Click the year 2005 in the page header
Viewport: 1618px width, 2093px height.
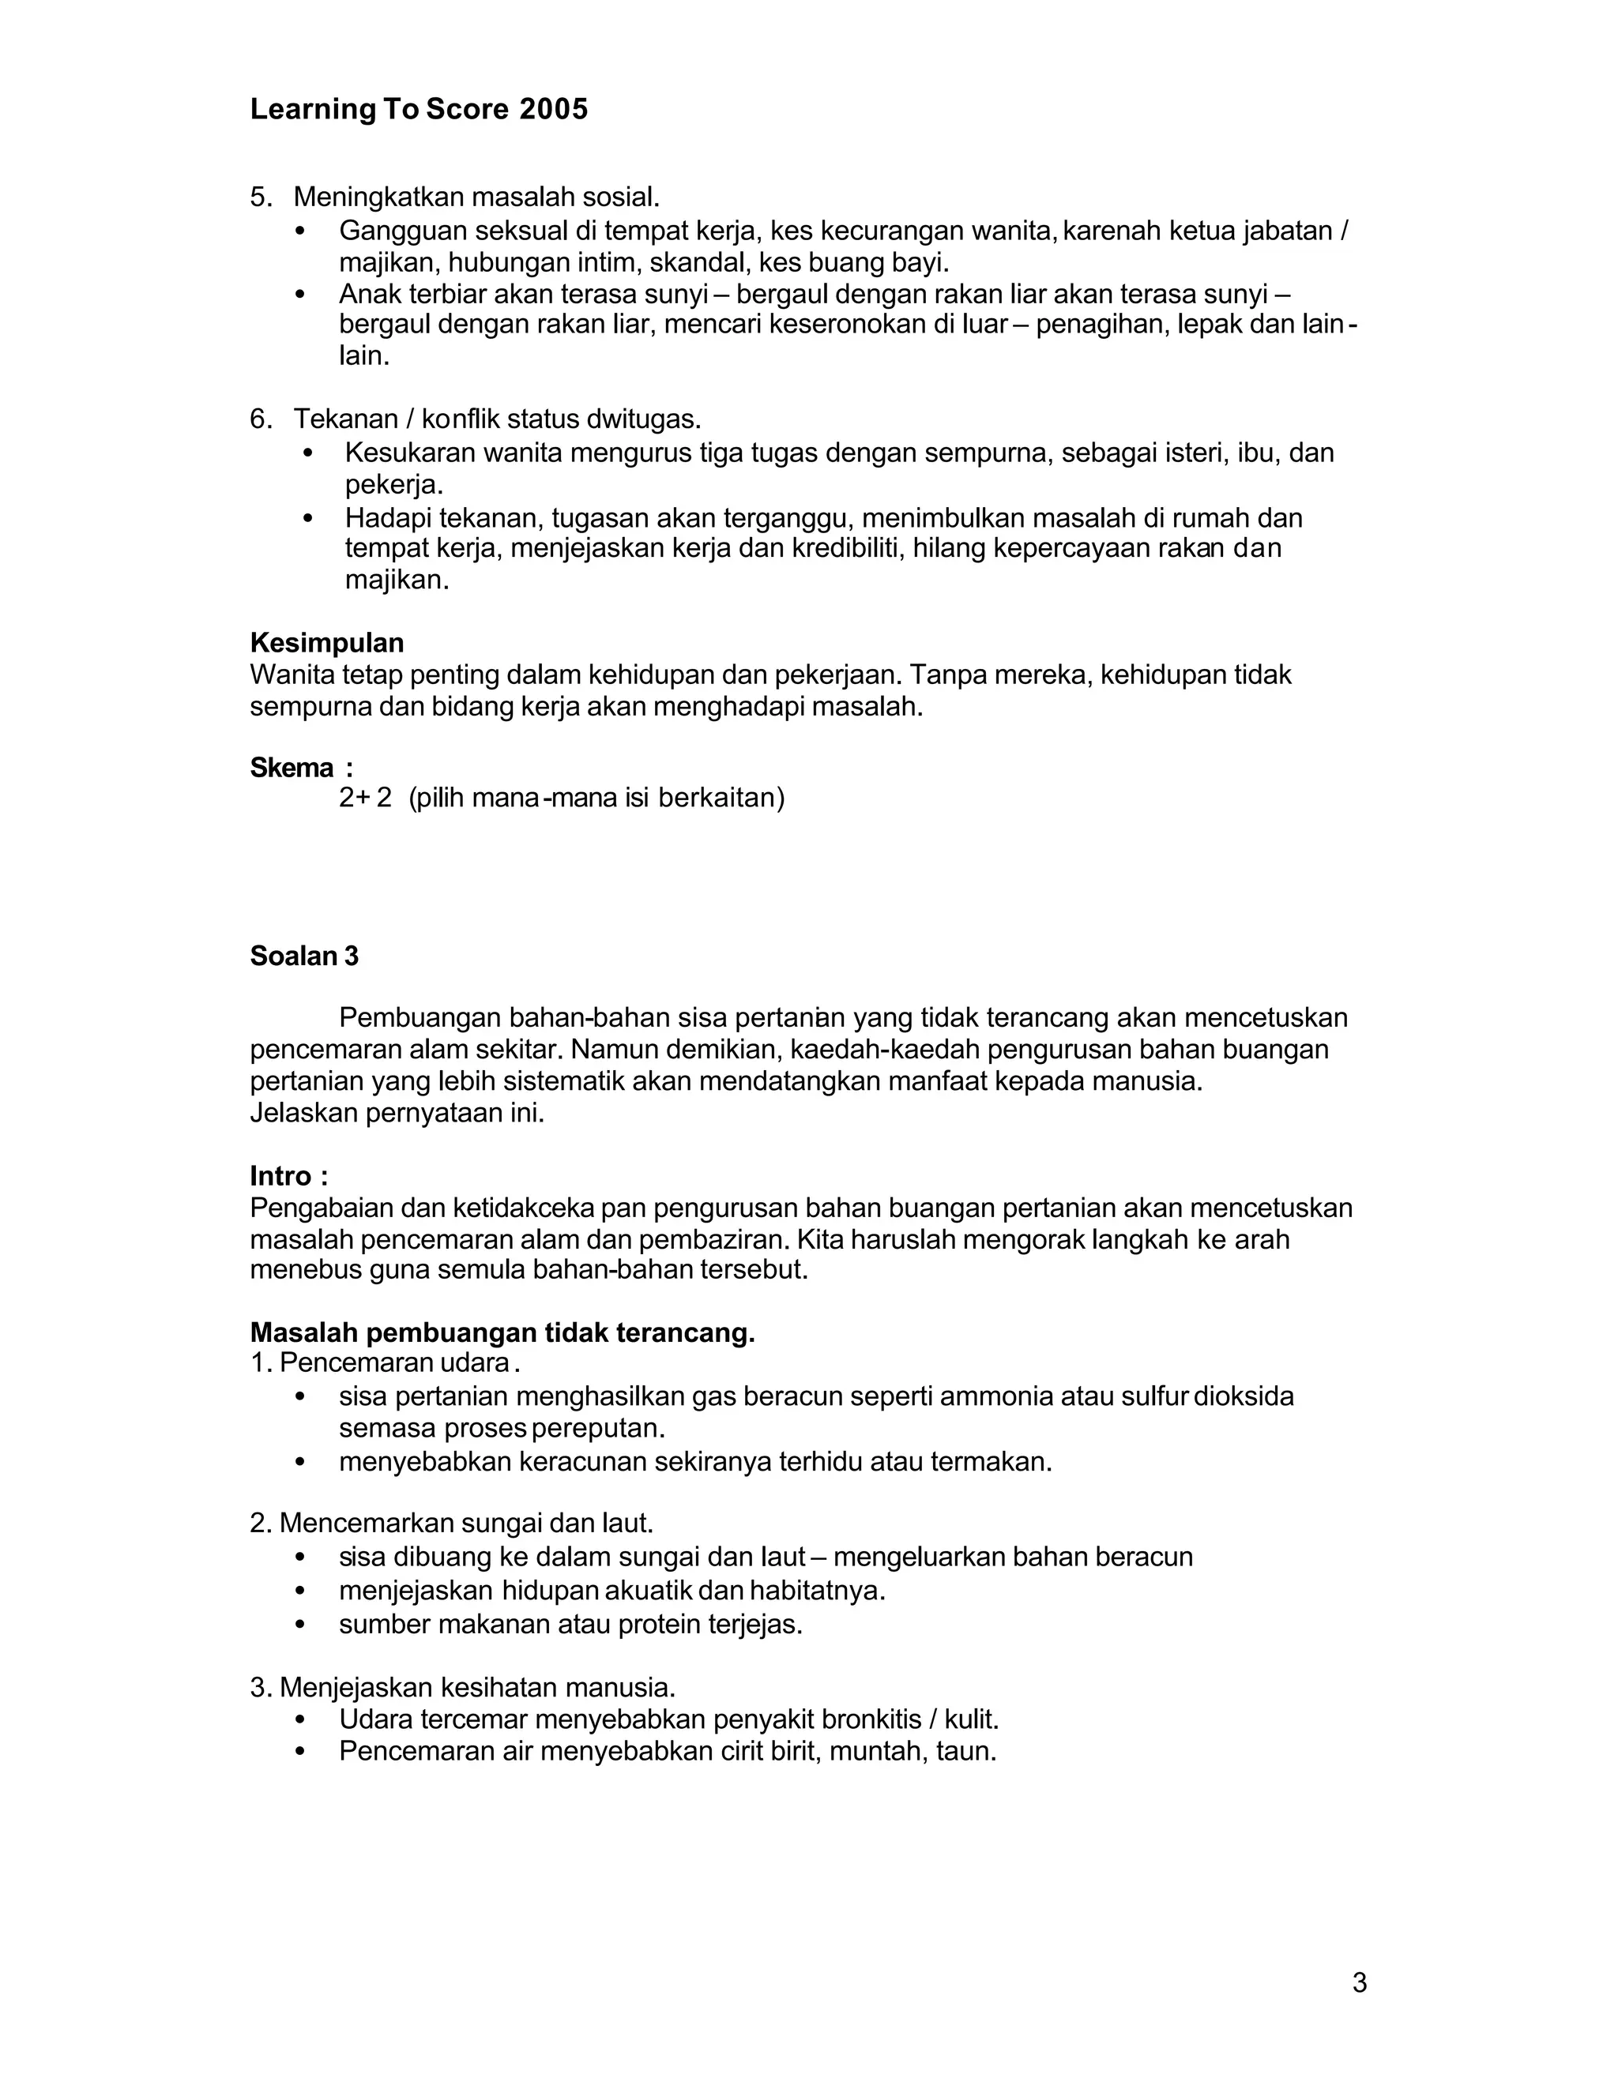553,111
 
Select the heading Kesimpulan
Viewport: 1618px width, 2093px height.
327,642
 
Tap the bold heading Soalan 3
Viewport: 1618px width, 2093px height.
304,956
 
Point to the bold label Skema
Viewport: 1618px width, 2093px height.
292,768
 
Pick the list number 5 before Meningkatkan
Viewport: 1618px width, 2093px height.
259,197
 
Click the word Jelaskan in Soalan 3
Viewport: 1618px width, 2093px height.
304,1113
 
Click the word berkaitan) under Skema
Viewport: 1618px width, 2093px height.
721,798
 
